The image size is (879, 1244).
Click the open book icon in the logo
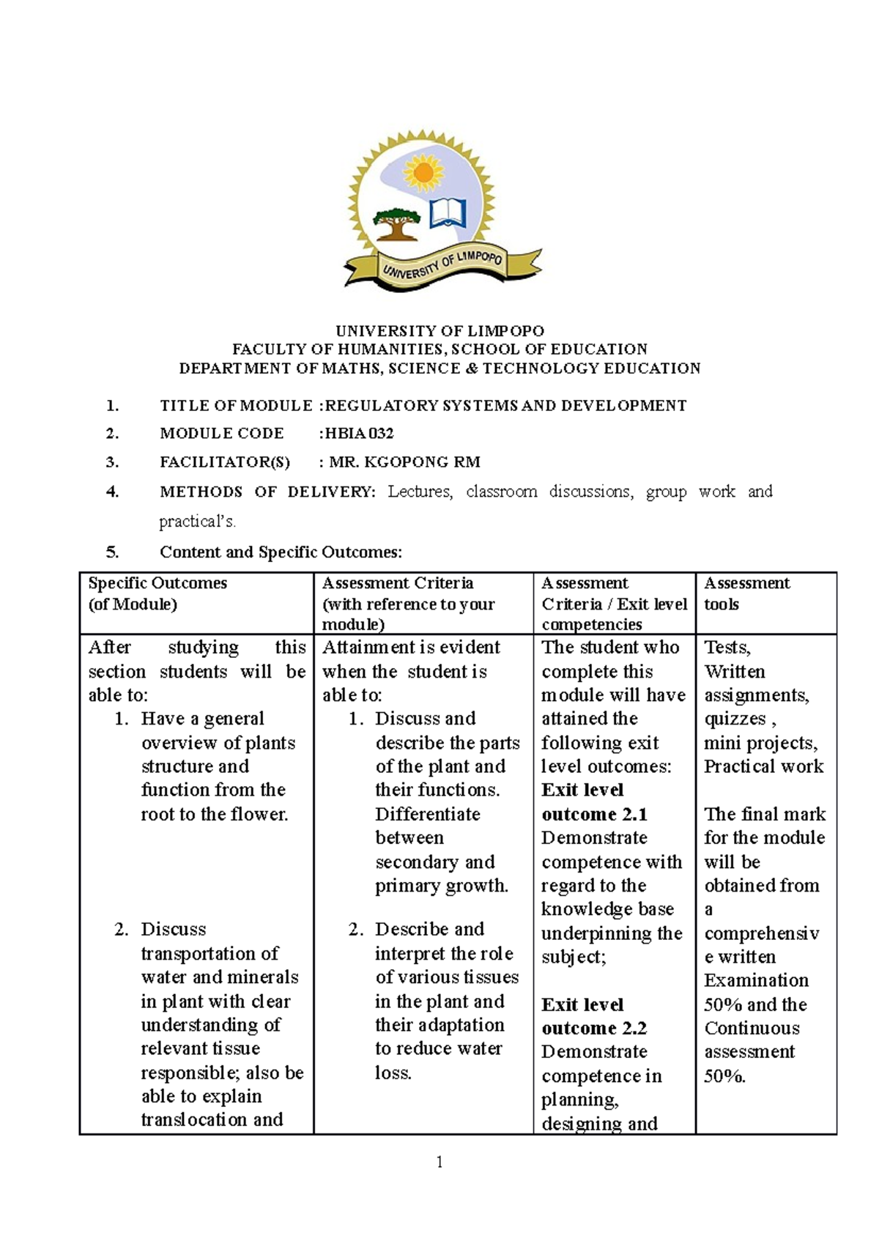[x=448, y=213]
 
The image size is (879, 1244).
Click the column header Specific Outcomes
[x=157, y=583]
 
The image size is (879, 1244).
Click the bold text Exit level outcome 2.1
[x=593, y=802]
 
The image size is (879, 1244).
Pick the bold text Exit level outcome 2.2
[x=593, y=1016]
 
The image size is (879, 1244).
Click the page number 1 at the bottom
[x=439, y=1162]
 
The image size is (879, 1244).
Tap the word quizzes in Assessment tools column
[x=735, y=719]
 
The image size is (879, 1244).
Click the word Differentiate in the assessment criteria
[x=427, y=814]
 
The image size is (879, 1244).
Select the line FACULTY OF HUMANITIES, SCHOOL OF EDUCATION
[x=439, y=349]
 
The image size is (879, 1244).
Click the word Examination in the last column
[x=756, y=980]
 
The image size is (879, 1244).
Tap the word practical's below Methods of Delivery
[x=198, y=522]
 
